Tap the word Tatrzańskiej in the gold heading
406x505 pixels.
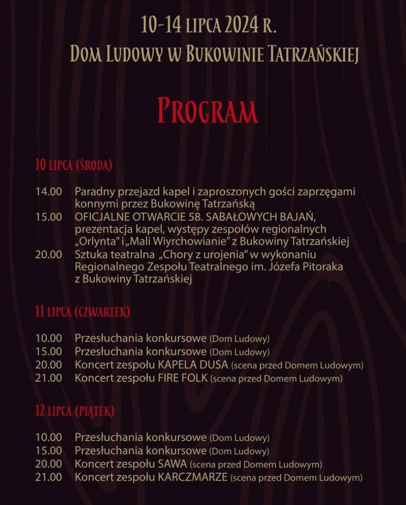click(311, 54)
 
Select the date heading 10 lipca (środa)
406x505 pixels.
click(73, 165)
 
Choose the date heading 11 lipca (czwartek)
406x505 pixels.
click(82, 312)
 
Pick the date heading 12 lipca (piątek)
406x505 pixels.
click(75, 411)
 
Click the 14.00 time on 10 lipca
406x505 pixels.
click(48, 192)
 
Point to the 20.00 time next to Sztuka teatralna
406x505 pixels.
click(48, 254)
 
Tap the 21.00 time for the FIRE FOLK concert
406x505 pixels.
click(48, 378)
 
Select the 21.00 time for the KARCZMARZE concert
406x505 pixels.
click(48, 477)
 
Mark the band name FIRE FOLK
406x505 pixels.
click(182, 378)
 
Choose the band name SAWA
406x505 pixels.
click(172, 464)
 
